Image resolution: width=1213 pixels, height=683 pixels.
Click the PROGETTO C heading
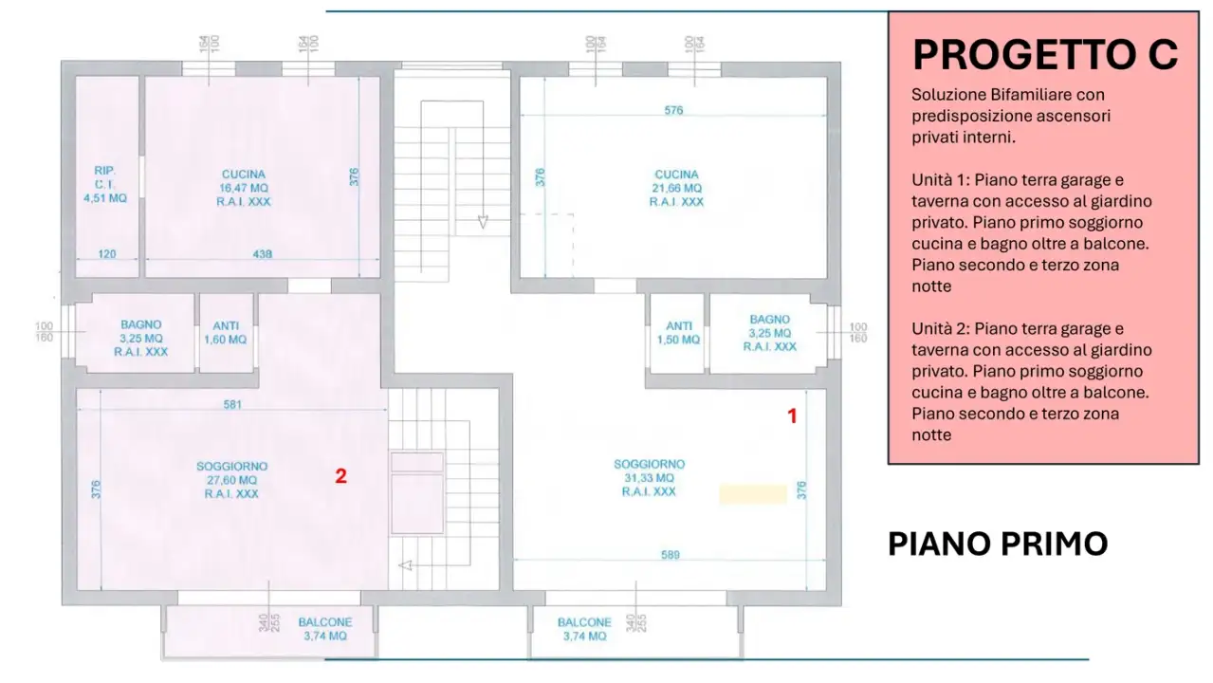(1044, 55)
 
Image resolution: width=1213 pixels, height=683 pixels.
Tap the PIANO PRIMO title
(997, 544)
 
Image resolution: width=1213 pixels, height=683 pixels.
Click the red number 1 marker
(793, 415)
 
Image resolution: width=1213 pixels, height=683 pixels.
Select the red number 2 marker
(340, 476)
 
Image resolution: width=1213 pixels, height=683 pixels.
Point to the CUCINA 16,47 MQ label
(244, 188)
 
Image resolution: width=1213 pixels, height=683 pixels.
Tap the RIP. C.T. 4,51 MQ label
(104, 185)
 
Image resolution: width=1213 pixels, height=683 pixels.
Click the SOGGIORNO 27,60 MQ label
(231, 480)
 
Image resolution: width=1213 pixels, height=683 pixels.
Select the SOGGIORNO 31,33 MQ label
(649, 478)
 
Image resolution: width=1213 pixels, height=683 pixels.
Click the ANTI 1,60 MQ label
(225, 332)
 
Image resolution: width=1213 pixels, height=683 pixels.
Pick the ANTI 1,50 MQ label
(678, 332)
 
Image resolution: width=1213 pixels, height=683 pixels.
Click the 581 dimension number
(232, 405)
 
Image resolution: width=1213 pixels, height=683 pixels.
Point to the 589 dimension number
(670, 555)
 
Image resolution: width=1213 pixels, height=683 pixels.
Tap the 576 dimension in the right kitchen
(673, 111)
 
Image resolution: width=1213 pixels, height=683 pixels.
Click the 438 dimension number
(263, 254)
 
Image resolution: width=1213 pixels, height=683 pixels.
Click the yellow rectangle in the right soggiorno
(753, 494)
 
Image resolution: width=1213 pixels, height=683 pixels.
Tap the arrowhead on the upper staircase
(482, 222)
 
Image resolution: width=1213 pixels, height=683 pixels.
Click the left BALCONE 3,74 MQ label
(324, 629)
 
